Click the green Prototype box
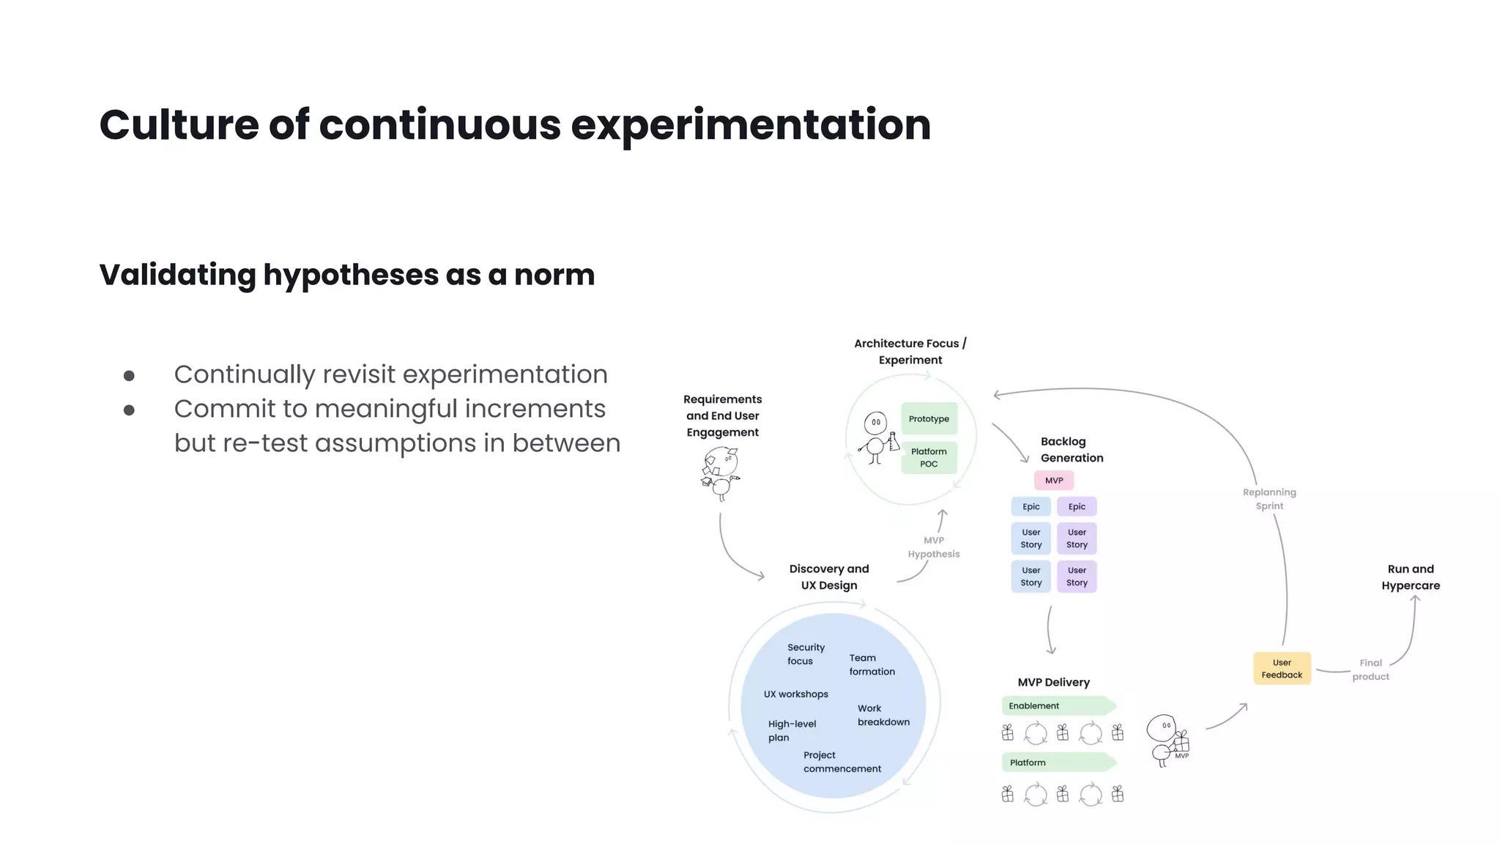[x=929, y=419]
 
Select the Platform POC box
[x=929, y=458]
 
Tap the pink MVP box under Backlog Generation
[x=1054, y=481]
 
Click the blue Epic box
[x=1031, y=507]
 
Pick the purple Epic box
[x=1077, y=507]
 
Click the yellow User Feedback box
[x=1282, y=669]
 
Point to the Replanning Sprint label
[x=1269, y=499]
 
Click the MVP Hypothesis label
[x=934, y=547]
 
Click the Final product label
[x=1370, y=670]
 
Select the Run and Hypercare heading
[x=1411, y=577]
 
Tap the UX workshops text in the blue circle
[x=796, y=695]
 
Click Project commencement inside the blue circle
[x=842, y=762]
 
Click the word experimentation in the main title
[x=750, y=125]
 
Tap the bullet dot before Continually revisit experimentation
[x=129, y=376]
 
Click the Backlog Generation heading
[x=1071, y=450]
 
